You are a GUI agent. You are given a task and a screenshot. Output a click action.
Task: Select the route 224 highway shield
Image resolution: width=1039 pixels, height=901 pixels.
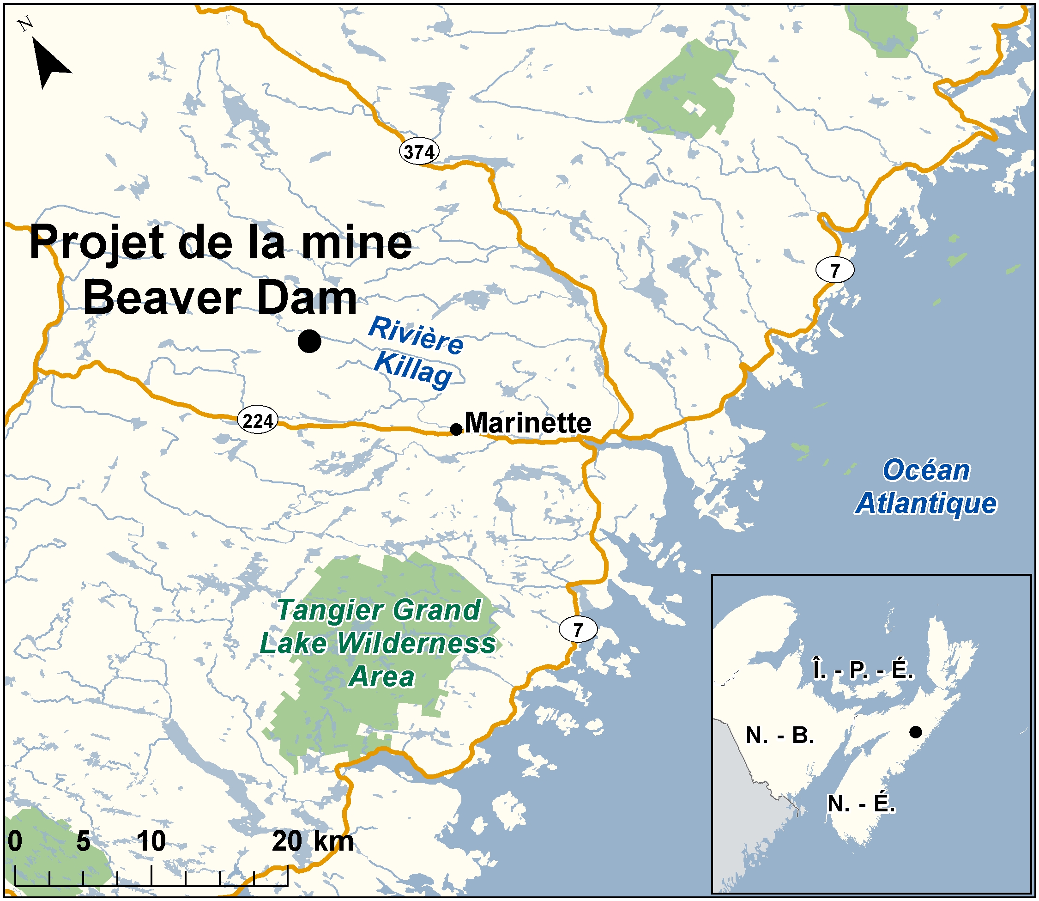(x=257, y=421)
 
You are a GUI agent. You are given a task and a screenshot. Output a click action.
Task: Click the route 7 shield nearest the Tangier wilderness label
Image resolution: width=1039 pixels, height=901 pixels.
(x=578, y=629)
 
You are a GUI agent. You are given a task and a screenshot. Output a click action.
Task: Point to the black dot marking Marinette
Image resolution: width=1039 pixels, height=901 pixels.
(x=456, y=429)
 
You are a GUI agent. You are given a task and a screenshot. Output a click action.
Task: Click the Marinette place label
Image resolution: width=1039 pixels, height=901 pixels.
(x=527, y=423)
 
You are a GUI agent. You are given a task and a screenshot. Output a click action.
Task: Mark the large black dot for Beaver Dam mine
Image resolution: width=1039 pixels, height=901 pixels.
(x=309, y=341)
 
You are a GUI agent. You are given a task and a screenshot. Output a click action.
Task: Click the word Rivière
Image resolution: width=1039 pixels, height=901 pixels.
(x=416, y=335)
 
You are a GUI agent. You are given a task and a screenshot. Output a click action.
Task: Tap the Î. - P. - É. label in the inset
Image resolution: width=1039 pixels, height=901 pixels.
(x=863, y=670)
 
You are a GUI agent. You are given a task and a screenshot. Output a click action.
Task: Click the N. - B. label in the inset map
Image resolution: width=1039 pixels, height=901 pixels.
(x=780, y=736)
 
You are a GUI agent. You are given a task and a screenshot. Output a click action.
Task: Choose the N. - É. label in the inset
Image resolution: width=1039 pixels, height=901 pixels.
(x=861, y=804)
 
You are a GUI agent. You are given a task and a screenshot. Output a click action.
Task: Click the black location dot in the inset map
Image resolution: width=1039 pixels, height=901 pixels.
(x=915, y=732)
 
